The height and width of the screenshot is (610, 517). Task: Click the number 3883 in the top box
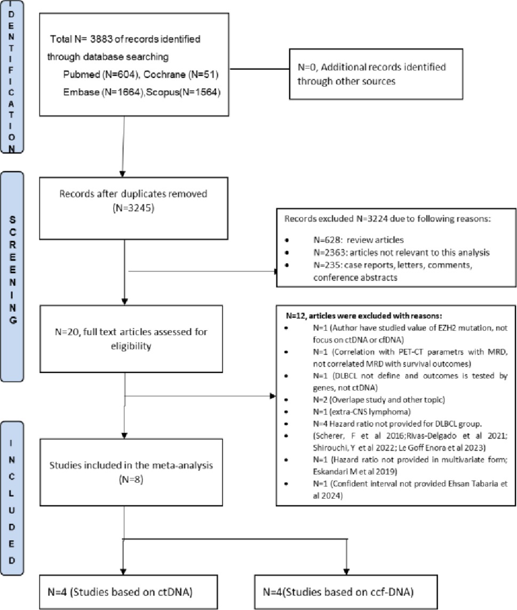click(x=101, y=39)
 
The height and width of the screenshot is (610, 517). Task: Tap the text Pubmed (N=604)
click(x=101, y=74)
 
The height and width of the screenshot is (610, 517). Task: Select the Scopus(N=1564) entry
click(x=183, y=92)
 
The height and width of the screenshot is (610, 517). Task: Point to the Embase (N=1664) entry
click(x=104, y=92)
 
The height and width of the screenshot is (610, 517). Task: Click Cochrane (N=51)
click(x=181, y=74)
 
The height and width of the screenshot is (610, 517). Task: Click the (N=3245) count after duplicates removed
click(x=133, y=208)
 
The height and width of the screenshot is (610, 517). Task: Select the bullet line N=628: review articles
click(x=359, y=240)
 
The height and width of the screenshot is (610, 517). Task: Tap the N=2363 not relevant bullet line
click(x=401, y=253)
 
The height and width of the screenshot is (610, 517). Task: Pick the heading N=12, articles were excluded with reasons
click(x=364, y=315)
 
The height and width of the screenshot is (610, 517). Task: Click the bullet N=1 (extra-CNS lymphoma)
click(x=362, y=412)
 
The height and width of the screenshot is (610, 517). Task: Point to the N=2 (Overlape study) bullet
click(x=379, y=400)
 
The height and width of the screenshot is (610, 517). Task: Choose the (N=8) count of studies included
click(x=131, y=479)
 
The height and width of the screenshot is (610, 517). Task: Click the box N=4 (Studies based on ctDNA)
click(x=128, y=592)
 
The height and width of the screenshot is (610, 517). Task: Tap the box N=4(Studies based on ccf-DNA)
click(x=346, y=592)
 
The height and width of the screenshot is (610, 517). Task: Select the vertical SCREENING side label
click(x=12, y=270)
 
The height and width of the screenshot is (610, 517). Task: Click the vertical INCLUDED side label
click(x=12, y=502)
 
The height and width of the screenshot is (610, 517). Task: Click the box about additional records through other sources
click(x=376, y=74)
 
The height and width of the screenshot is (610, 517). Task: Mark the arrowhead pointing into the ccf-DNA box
click(x=346, y=572)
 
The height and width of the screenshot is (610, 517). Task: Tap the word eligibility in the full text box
click(x=131, y=346)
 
